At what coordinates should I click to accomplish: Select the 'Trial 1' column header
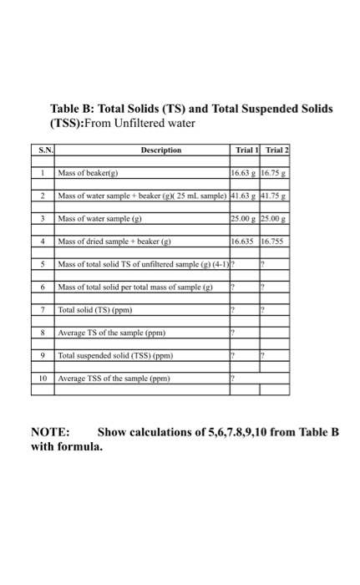[x=242, y=150]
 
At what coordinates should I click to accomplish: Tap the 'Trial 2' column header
[x=276, y=150]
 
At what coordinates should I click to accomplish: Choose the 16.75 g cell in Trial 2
[x=275, y=173]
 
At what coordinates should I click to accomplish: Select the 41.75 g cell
[x=275, y=195]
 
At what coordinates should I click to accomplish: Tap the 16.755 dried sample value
[x=274, y=242]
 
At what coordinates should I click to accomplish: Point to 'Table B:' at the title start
[x=74, y=109]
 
